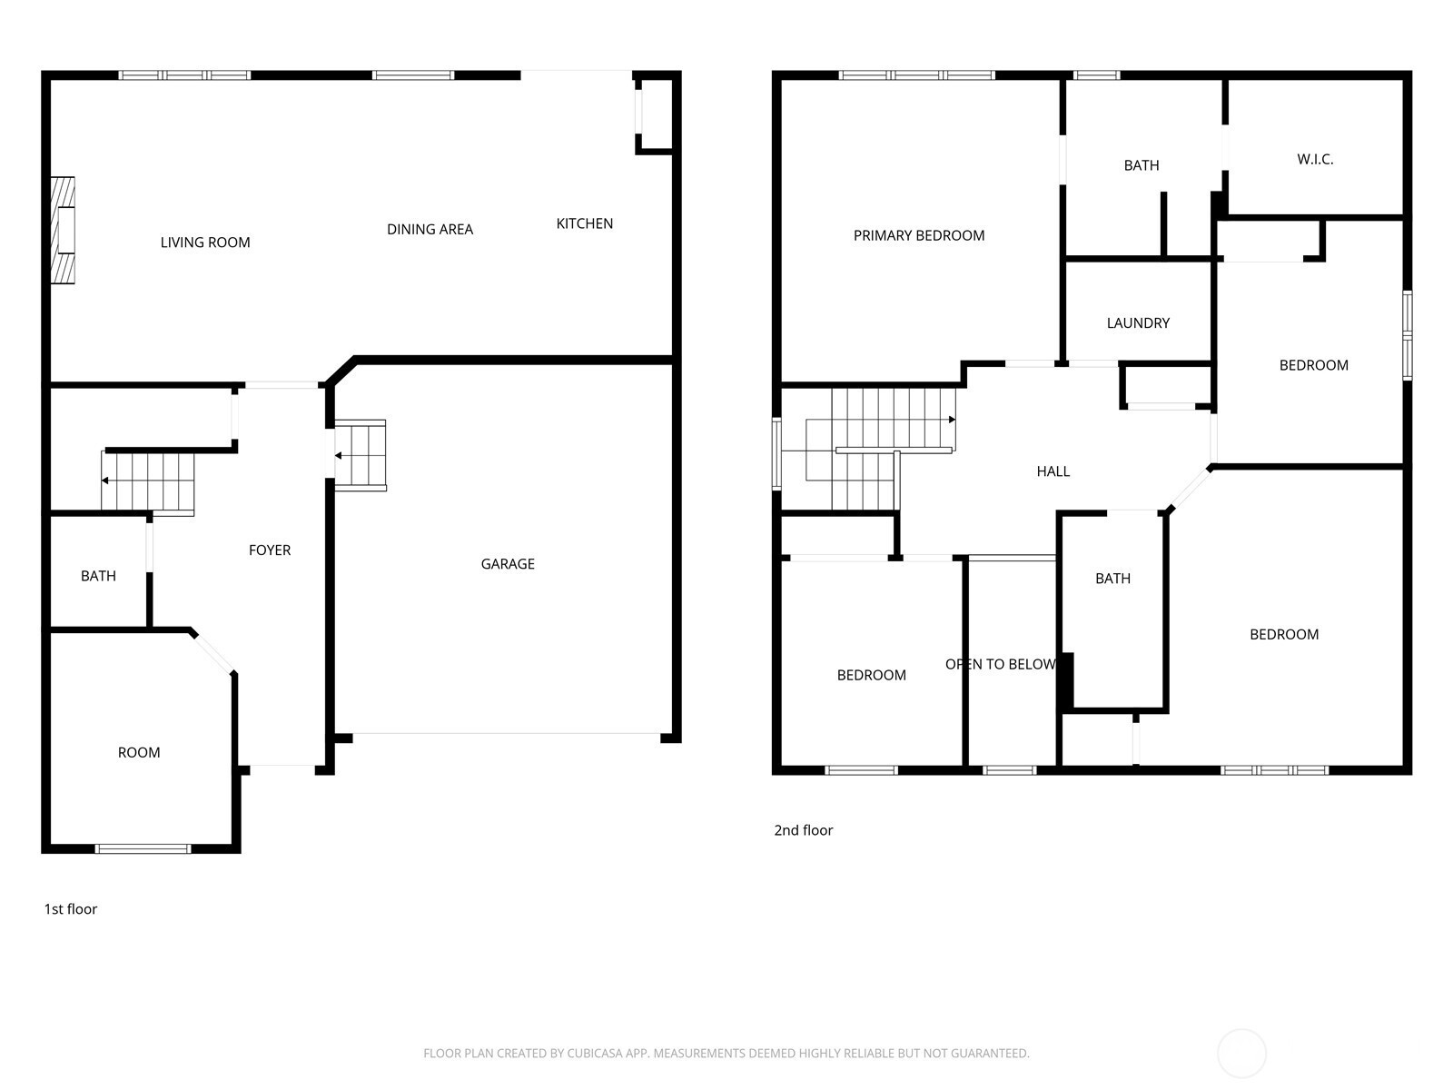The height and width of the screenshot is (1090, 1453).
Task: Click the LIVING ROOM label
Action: pyautogui.click(x=205, y=243)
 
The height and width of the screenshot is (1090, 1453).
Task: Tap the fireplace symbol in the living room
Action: pyautogui.click(x=63, y=231)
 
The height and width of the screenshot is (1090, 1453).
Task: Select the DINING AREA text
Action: pyautogui.click(x=430, y=229)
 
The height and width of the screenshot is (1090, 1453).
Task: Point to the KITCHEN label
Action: pyautogui.click(x=585, y=223)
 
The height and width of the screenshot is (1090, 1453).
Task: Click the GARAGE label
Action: pyautogui.click(x=508, y=564)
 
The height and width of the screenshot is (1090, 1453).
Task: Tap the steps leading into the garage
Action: pyautogui.click(x=361, y=455)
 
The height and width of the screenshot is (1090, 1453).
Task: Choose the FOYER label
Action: pyautogui.click(x=270, y=550)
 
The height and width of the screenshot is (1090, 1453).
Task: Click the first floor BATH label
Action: pyautogui.click(x=98, y=576)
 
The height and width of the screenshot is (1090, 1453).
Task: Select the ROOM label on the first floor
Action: pyautogui.click(x=139, y=752)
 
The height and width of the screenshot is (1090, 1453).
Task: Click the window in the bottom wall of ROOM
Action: pyautogui.click(x=143, y=848)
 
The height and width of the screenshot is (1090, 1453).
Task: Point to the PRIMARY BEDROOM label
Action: pyautogui.click(x=919, y=235)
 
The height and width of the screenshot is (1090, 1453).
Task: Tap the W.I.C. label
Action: pyautogui.click(x=1315, y=160)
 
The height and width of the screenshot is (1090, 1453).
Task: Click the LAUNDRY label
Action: pyautogui.click(x=1138, y=323)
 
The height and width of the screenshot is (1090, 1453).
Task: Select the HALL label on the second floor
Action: pyautogui.click(x=1053, y=471)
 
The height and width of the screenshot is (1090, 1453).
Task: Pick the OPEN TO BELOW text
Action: pyautogui.click(x=1000, y=665)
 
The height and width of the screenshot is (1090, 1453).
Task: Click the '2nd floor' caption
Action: pyautogui.click(x=804, y=830)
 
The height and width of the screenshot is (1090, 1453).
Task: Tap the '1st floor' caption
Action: pyautogui.click(x=71, y=909)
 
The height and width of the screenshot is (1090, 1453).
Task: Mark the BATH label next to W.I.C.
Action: pyautogui.click(x=1142, y=165)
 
